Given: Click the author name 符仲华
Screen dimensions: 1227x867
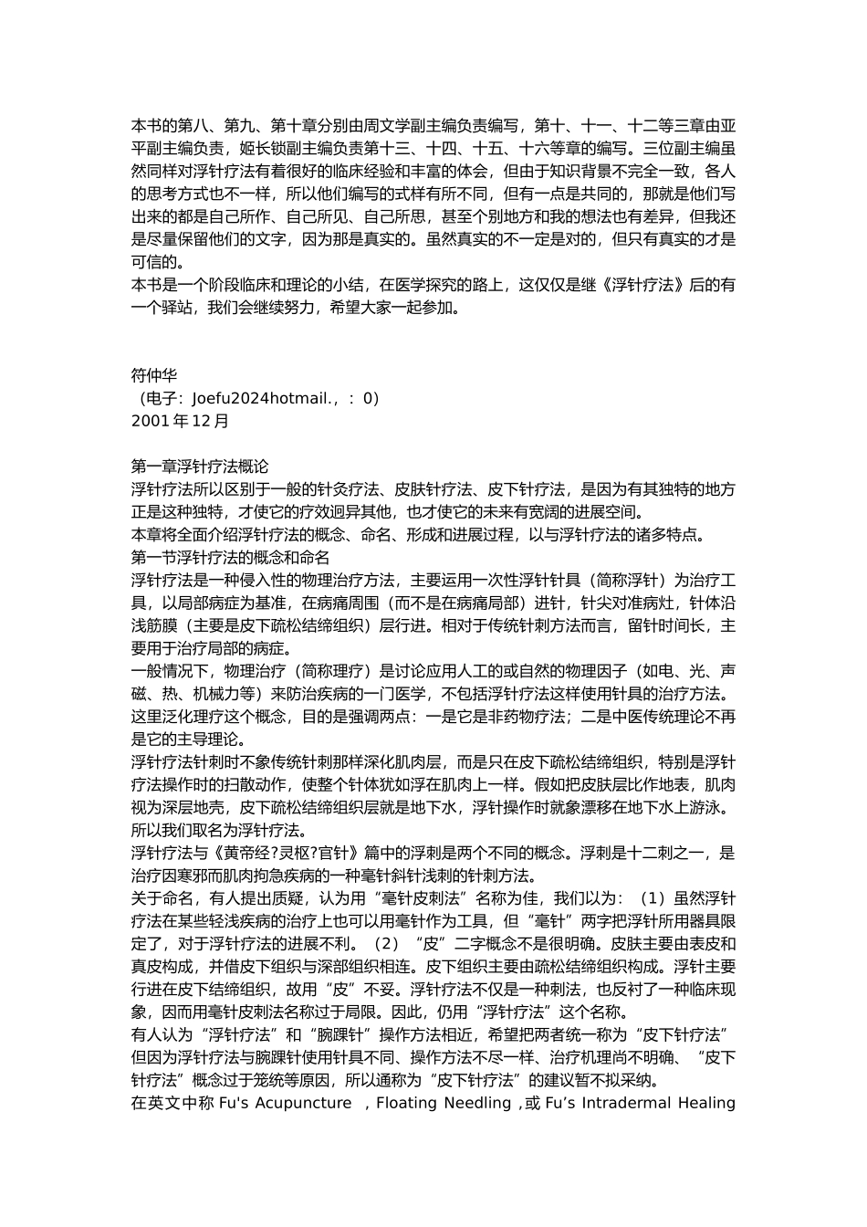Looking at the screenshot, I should [x=154, y=375].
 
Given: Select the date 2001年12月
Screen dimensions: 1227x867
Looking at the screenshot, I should [x=181, y=421].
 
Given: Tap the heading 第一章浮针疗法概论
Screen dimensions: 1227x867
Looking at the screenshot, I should [x=200, y=467].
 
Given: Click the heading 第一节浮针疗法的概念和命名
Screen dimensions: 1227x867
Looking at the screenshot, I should [x=230, y=557].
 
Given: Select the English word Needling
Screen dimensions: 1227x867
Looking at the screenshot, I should [x=477, y=1103].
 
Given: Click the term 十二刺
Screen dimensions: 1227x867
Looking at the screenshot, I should [x=652, y=854].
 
